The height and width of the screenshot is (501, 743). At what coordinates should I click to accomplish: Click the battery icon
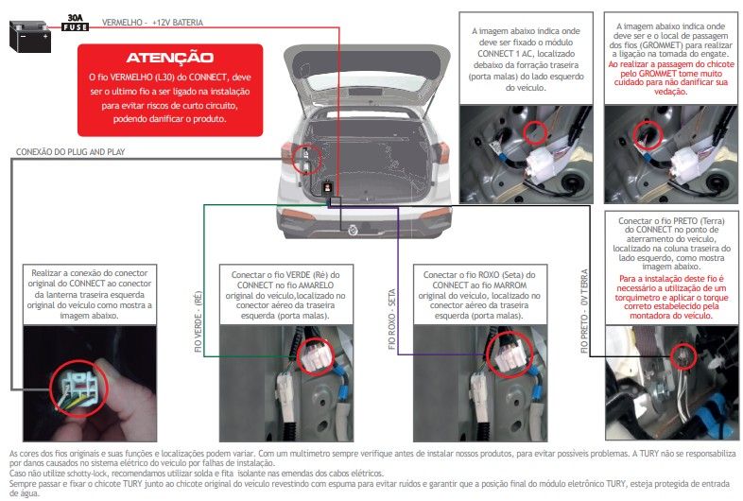[x=30, y=36]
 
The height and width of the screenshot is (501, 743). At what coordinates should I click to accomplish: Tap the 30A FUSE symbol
[x=75, y=23]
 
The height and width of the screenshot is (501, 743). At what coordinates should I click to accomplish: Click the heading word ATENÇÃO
[x=169, y=58]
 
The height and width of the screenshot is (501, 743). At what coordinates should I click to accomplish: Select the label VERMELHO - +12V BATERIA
[x=152, y=23]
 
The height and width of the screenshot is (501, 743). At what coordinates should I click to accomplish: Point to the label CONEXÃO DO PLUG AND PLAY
[x=70, y=151]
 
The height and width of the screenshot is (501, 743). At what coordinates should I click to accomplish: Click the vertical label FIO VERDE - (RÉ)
[x=199, y=321]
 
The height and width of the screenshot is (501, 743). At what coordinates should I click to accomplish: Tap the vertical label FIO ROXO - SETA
[x=391, y=319]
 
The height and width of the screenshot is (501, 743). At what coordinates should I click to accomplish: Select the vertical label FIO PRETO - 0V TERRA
[x=584, y=311]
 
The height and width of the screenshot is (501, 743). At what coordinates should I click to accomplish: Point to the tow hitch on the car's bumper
[x=353, y=231]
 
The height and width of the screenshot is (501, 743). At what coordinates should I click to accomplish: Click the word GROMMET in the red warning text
[x=658, y=74]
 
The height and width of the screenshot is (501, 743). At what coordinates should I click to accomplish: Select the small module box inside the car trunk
[x=328, y=188]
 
